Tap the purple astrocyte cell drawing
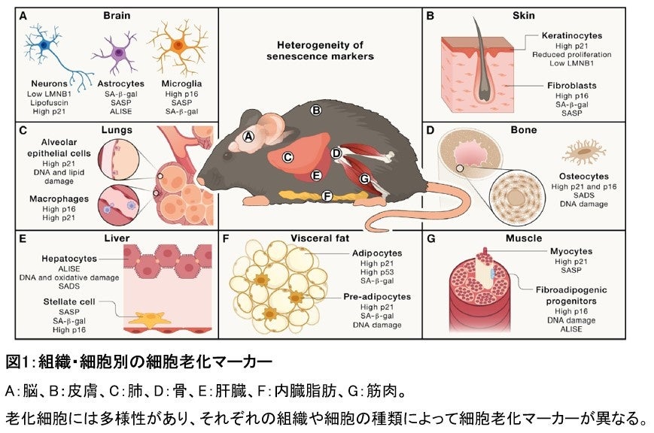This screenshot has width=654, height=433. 115,54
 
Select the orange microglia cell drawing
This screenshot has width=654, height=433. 178,44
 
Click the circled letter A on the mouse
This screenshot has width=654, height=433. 249,137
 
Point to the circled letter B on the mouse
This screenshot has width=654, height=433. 317,111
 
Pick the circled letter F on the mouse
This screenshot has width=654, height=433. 327,197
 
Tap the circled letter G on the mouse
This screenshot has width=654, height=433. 364,180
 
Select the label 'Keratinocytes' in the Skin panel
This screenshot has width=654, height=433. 572,35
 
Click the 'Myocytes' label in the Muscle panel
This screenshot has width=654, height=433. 571,251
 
